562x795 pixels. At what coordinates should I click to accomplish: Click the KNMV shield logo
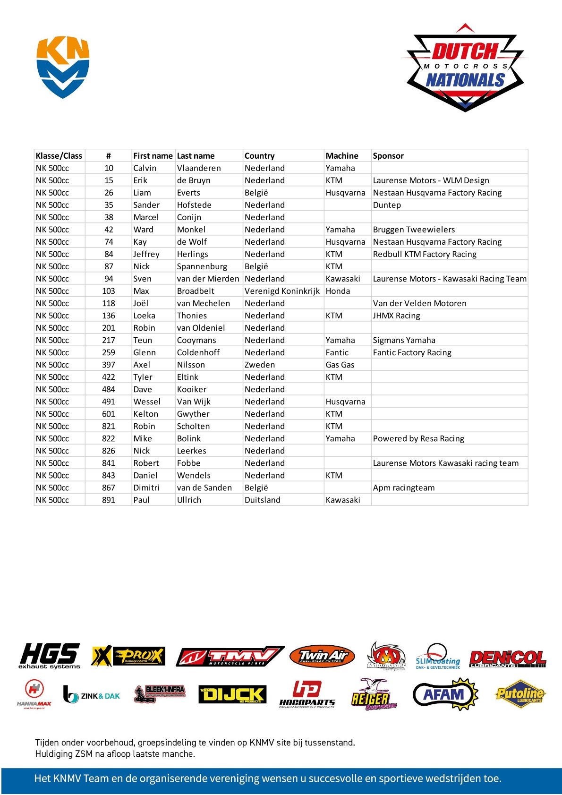63,67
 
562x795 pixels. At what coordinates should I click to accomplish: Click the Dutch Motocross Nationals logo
465,68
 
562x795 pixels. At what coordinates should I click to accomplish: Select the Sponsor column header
388,156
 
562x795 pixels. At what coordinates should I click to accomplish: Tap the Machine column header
342,156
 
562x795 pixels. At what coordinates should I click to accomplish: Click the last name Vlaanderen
199,168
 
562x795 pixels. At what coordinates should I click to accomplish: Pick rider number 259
109,352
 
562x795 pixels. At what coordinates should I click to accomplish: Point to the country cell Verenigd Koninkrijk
282,291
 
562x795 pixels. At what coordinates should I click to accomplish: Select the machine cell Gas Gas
340,365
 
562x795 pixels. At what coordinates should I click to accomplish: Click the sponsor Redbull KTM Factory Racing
425,254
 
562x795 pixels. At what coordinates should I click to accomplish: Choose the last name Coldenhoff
198,352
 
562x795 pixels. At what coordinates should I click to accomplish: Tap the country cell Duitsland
263,500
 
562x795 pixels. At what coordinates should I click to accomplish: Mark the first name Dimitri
146,487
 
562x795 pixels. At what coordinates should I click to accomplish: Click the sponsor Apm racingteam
404,487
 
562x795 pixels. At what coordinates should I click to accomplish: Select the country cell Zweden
260,365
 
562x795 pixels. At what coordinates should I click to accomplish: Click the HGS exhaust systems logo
50,656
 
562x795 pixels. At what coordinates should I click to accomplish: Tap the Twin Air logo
322,656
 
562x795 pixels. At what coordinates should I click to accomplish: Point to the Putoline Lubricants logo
520,694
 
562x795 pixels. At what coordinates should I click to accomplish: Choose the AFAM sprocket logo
445,694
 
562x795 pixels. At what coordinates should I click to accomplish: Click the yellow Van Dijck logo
232,694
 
